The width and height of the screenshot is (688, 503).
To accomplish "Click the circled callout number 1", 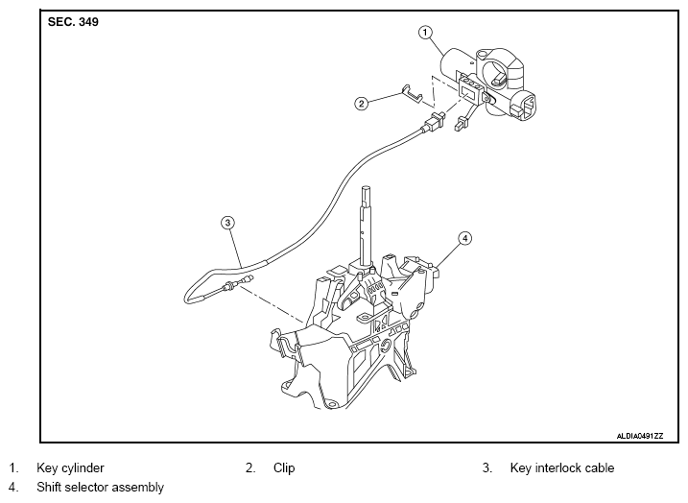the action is [x=425, y=33].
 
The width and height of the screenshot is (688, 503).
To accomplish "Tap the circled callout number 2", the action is [x=361, y=104].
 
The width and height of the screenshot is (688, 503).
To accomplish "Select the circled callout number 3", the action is [x=227, y=223].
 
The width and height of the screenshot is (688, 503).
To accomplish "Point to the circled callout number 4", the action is [x=464, y=238].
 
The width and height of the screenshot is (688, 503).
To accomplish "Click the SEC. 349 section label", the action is [x=73, y=22].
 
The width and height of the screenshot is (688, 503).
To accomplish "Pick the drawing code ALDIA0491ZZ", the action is [x=640, y=436].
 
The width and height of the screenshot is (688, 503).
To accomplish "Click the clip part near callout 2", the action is [x=411, y=94].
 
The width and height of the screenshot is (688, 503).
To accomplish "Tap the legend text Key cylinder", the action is [x=70, y=467].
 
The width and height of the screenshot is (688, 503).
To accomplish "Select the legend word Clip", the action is [x=284, y=467].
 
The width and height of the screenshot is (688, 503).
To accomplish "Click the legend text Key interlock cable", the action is [x=562, y=467].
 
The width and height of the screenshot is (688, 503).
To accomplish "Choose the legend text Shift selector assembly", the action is [x=100, y=488].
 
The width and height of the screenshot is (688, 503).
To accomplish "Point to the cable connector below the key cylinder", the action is [x=434, y=122].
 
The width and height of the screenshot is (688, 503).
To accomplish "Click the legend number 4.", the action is [x=13, y=488].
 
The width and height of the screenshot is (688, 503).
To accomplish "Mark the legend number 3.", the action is [x=487, y=467].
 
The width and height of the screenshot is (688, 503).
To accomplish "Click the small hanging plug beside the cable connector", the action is [x=462, y=124].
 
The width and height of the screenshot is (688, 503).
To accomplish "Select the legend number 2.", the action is [x=250, y=467].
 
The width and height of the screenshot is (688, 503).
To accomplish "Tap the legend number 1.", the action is [x=13, y=467].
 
